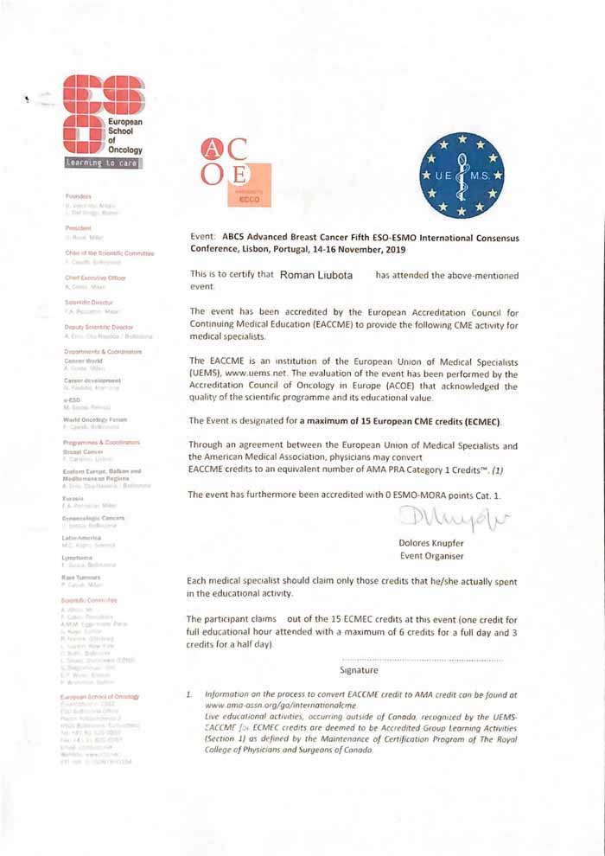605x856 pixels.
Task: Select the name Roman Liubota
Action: [x=319, y=274]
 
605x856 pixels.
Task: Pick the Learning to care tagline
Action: [x=103, y=163]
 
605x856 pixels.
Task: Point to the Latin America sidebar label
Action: [x=85, y=537]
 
